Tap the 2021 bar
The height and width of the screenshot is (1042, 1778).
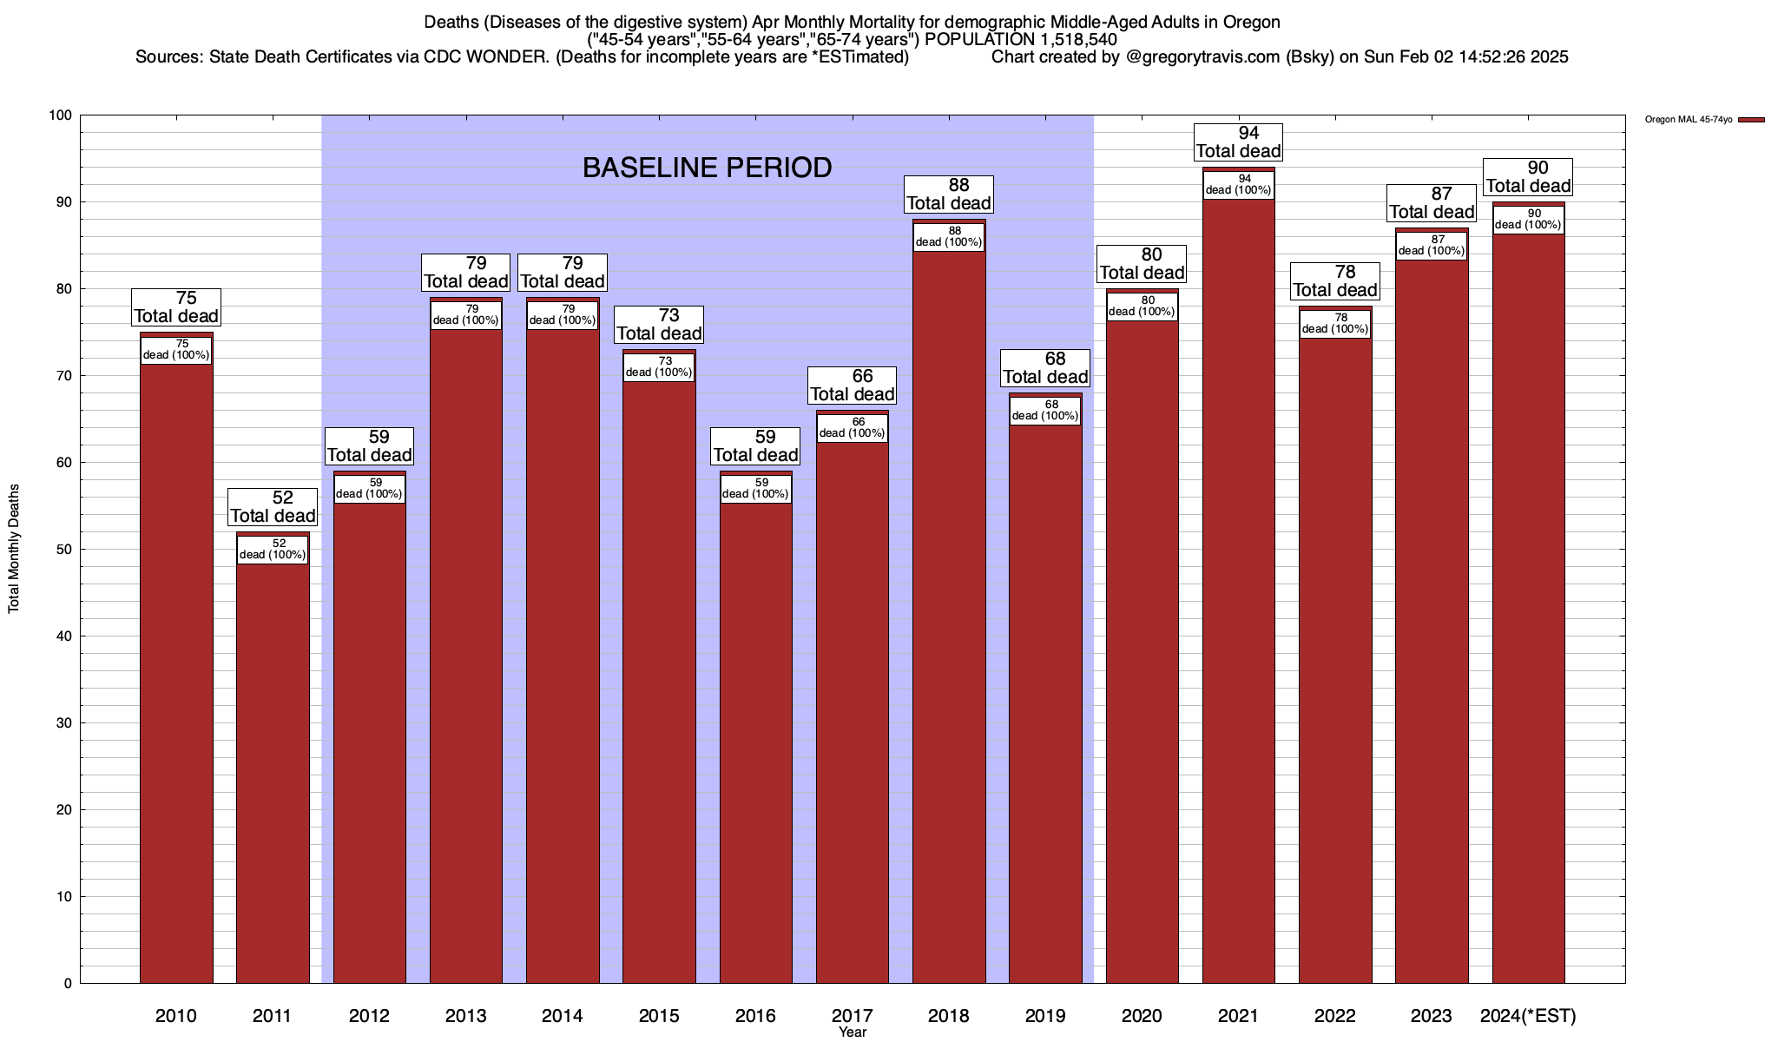1239,590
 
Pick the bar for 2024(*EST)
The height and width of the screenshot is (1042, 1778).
1528,608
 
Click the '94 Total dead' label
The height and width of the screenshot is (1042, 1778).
1239,142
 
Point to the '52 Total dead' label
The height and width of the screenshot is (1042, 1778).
273,507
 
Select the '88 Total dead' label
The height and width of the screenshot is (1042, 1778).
949,195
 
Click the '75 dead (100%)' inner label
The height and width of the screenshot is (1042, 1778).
176,350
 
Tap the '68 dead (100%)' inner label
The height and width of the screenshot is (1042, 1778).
1045,411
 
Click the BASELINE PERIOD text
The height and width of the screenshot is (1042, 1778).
707,168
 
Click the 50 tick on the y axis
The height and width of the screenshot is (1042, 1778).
64,550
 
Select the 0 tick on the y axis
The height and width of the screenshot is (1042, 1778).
68,984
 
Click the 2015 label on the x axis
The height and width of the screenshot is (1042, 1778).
659,1016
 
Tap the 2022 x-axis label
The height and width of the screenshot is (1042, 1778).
1334,1016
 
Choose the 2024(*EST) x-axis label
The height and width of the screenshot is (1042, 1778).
1528,1016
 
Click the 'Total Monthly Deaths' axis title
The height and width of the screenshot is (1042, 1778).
14,549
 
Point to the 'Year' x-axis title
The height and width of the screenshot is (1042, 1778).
853,1032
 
